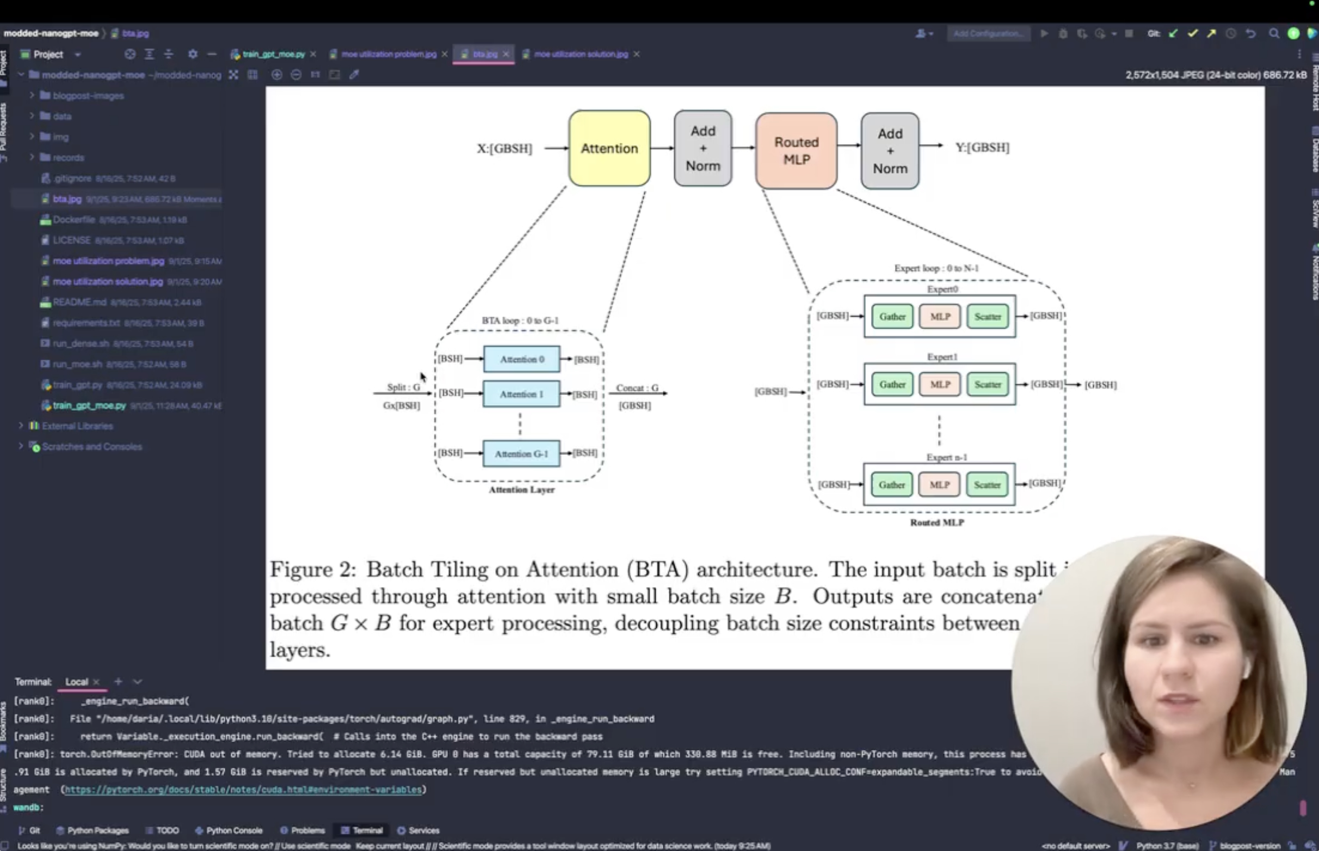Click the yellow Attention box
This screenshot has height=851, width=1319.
click(x=609, y=148)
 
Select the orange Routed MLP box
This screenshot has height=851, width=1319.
click(x=796, y=151)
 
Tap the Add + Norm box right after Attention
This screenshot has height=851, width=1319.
click(x=702, y=148)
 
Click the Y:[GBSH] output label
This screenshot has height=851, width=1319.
click(x=982, y=147)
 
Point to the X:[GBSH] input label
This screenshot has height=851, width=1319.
click(x=504, y=149)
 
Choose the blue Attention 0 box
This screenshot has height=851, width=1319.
click(x=521, y=359)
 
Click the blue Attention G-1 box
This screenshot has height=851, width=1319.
click(x=521, y=454)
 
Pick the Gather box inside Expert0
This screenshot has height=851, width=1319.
click(x=892, y=317)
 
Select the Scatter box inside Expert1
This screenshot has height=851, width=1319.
click(x=987, y=385)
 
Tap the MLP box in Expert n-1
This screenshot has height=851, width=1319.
click(x=939, y=485)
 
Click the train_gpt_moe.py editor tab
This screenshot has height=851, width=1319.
click(x=273, y=54)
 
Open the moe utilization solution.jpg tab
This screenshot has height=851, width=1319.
click(x=580, y=54)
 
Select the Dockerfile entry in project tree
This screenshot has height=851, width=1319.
click(x=73, y=219)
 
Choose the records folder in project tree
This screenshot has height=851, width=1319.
click(x=68, y=157)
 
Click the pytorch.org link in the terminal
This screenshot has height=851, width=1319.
click(x=243, y=790)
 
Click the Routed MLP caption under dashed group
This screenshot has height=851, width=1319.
click(x=936, y=522)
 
